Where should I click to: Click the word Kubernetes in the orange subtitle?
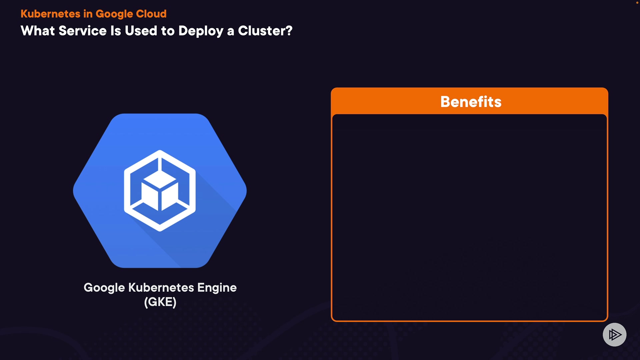pyautogui.click(x=50, y=14)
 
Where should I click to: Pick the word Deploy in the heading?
pyautogui.click(x=201, y=31)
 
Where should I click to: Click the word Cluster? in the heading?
pyautogui.click(x=265, y=31)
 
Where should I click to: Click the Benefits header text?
pyautogui.click(x=471, y=102)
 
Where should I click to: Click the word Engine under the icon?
pyautogui.click(x=217, y=288)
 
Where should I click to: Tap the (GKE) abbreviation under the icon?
pyautogui.click(x=160, y=302)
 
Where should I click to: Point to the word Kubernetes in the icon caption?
pyautogui.click(x=161, y=287)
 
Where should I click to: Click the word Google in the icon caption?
pyautogui.click(x=104, y=288)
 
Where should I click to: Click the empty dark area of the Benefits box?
pyautogui.click(x=469, y=217)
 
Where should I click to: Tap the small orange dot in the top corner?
pyautogui.click(x=637, y=2)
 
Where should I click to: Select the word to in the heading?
pyautogui.click(x=168, y=31)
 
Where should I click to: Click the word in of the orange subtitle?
pyautogui.click(x=88, y=14)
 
